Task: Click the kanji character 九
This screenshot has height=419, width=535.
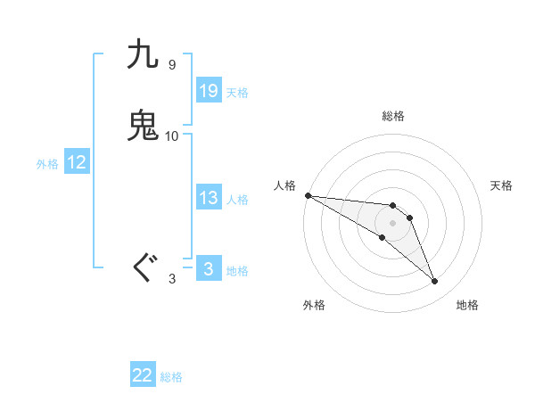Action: [x=144, y=55]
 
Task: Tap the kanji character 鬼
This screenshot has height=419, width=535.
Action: [x=144, y=126]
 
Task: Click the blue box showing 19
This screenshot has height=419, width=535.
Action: [x=209, y=91]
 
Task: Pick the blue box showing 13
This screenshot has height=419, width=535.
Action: [x=209, y=198]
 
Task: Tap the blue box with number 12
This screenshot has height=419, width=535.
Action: [x=77, y=162]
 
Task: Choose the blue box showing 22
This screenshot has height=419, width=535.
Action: [x=143, y=375]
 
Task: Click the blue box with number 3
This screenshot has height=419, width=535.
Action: [x=209, y=269]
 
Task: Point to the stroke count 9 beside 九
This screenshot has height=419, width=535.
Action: [x=171, y=65]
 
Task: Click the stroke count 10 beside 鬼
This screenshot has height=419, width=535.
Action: [x=172, y=136]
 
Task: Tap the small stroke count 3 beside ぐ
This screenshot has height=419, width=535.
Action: [x=171, y=279]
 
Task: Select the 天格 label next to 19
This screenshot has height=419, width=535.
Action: [x=237, y=93]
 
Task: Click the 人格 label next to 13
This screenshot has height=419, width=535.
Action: [x=237, y=200]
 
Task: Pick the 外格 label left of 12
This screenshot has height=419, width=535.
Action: [x=47, y=164]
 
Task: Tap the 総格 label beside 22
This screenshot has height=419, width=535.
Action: [x=171, y=377]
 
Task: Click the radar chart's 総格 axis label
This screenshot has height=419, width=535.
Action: [x=393, y=116]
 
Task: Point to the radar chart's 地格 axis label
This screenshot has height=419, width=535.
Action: [x=467, y=305]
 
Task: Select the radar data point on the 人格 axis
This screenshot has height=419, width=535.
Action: [x=308, y=194]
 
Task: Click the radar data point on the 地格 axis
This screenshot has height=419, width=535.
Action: [x=434, y=281]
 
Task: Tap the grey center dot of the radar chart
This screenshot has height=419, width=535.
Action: [x=393, y=223]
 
